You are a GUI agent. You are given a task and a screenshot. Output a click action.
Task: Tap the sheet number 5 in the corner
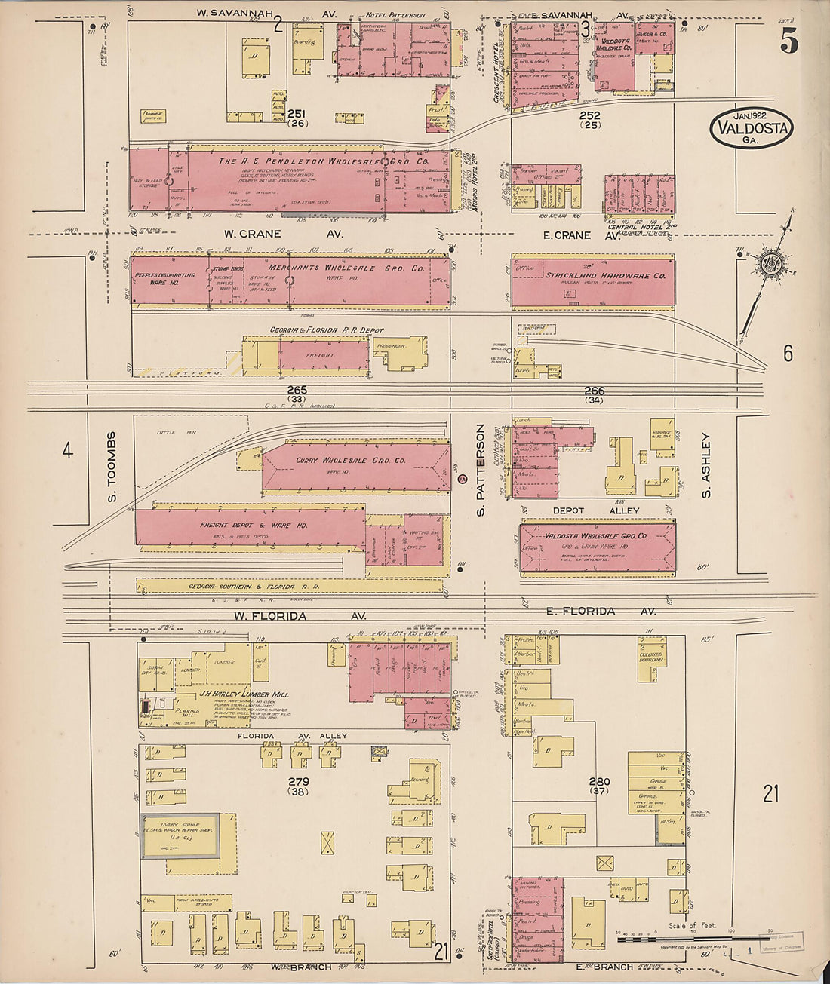click(788, 43)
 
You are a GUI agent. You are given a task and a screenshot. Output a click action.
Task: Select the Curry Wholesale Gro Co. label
click(350, 460)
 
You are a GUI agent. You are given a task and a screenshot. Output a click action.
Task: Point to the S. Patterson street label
click(480, 470)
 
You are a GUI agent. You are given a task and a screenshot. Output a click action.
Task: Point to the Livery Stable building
click(181, 835)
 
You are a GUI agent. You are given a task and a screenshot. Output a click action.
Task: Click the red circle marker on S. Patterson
click(463, 480)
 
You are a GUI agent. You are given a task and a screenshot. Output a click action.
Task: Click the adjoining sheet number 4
click(68, 451)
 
